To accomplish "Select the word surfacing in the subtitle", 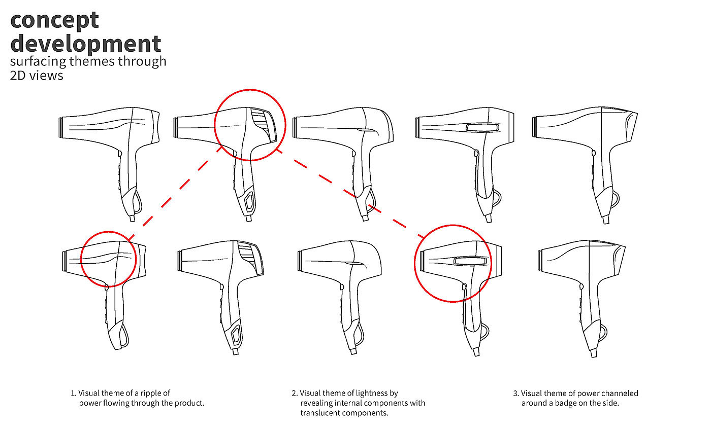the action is pyautogui.click(x=38, y=61).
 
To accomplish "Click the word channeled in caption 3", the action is pyautogui.click(x=620, y=393).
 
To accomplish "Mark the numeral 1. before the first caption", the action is pyautogui.click(x=74, y=393).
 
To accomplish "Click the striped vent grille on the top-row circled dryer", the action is pyautogui.click(x=264, y=123).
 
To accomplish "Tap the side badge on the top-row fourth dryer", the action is pyautogui.click(x=482, y=128).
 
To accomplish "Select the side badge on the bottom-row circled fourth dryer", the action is pyautogui.click(x=470, y=261).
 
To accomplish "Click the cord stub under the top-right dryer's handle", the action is pyautogui.click(x=606, y=220).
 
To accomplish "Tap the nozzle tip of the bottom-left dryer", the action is pyautogui.click(x=64, y=261).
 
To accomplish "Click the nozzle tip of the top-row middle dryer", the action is pyautogui.click(x=294, y=127).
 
